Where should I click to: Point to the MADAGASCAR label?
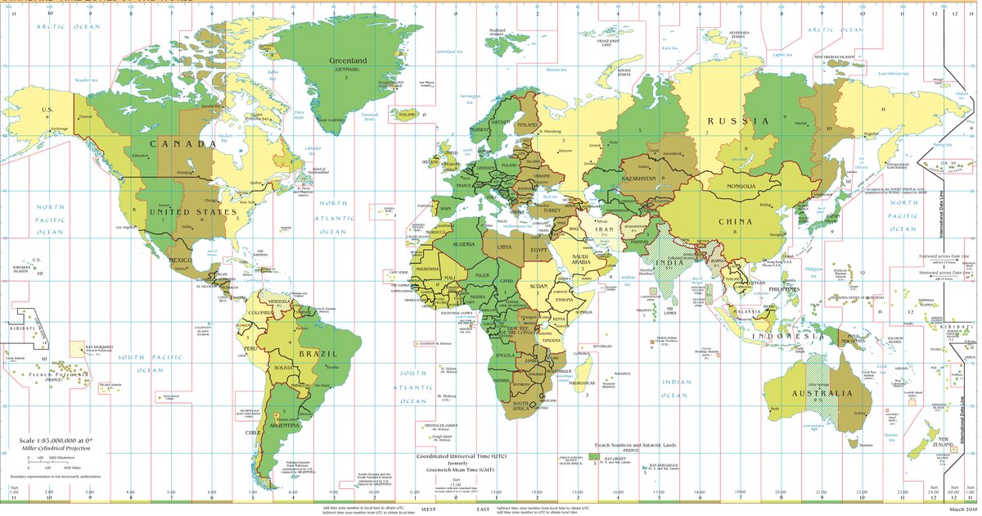582,382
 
